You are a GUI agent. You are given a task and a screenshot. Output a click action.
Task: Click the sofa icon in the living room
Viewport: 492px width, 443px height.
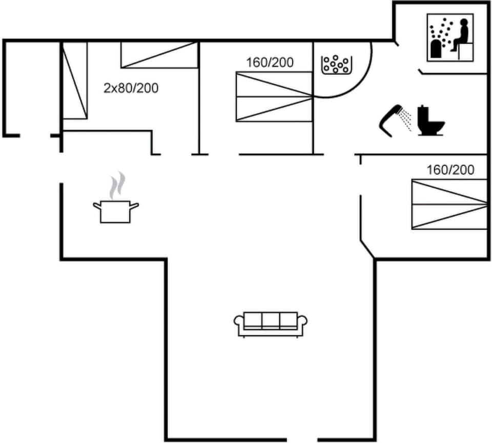pos(270,324)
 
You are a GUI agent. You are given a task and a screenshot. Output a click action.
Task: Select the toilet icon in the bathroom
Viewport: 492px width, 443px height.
pos(430,121)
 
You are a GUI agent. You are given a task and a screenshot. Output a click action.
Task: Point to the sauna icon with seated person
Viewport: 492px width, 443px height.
pos(450,37)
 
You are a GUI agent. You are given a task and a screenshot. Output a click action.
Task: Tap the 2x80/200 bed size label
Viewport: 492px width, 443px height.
pos(131,88)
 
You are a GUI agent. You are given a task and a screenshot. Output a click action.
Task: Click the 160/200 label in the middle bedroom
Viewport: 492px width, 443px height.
pos(270,63)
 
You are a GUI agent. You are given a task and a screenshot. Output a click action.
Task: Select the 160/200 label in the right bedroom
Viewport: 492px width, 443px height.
pos(450,170)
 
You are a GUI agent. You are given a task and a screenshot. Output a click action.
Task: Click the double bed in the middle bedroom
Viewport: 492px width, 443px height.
pos(274,96)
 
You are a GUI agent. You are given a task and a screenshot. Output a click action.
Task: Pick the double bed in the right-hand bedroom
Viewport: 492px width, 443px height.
pos(449,204)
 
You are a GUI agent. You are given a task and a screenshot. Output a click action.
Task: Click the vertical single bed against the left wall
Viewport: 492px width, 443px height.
pos(75,80)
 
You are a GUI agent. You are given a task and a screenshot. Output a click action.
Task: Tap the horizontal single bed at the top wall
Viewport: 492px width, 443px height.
pos(159,55)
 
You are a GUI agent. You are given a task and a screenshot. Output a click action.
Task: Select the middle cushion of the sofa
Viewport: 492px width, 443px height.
pos(270,320)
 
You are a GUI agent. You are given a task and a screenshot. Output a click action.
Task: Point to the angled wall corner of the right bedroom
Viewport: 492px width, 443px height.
pos(367,248)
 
